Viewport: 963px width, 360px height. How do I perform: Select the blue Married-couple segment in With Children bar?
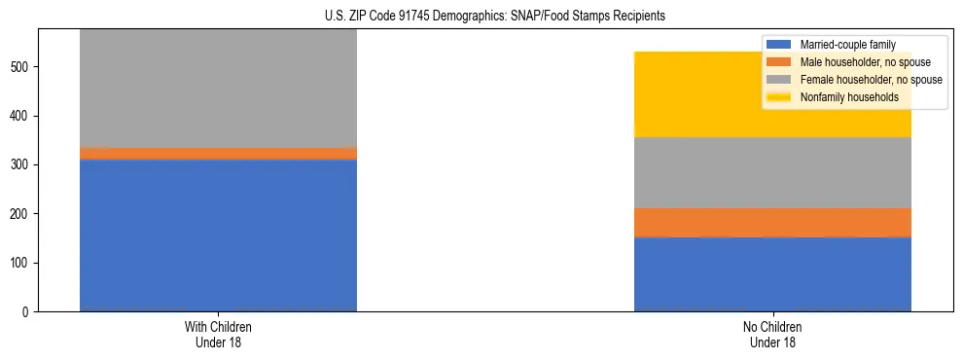(218, 234)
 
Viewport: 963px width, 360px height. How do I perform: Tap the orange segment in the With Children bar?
(218, 154)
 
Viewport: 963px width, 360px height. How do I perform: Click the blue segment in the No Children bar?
(772, 273)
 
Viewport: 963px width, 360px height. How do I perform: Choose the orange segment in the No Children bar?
(772, 223)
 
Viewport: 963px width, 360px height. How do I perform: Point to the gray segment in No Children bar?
(772, 172)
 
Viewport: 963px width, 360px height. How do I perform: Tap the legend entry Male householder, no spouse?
(855, 62)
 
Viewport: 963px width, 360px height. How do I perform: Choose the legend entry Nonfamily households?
(842, 97)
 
